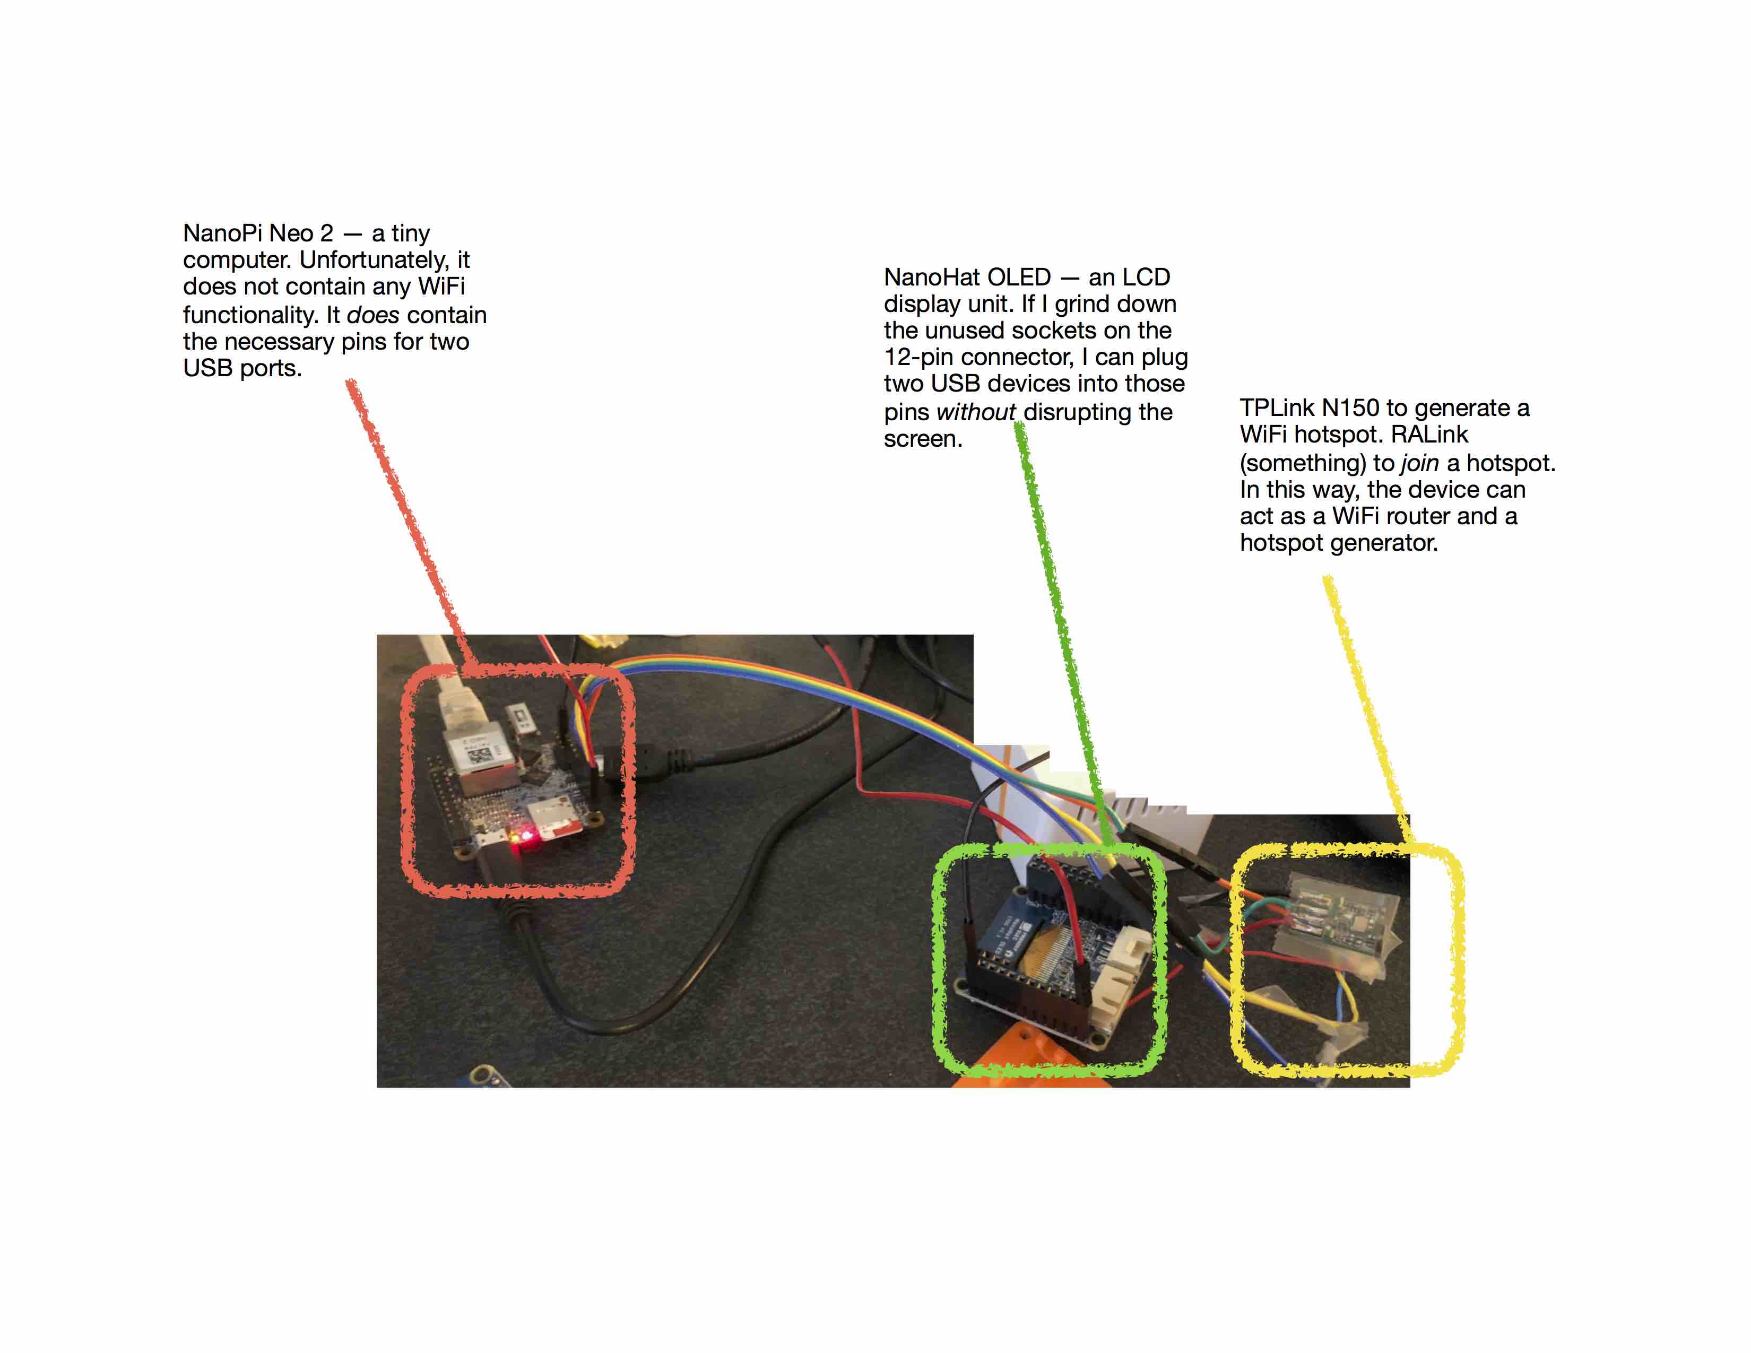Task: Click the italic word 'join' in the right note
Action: point(1419,463)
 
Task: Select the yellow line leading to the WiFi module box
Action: point(1369,710)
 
